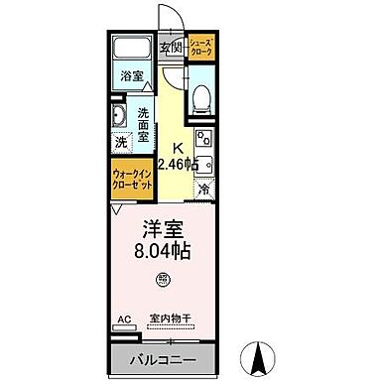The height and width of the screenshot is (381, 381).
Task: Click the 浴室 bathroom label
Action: [x=132, y=75]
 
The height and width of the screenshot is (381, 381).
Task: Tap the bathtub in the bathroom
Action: [x=132, y=51]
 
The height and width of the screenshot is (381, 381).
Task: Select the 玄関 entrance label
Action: [x=171, y=48]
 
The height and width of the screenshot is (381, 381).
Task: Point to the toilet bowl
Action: [x=201, y=97]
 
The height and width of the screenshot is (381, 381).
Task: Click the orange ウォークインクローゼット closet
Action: [x=131, y=184]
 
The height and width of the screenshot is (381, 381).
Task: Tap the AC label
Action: [x=124, y=319]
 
